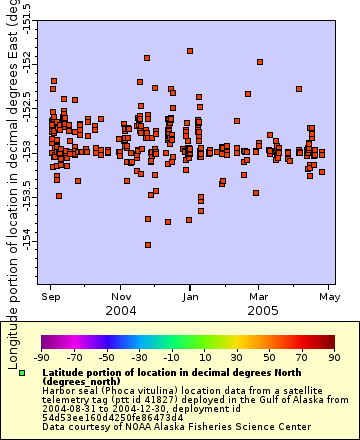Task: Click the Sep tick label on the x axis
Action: point(48,296)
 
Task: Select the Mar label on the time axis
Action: point(258,296)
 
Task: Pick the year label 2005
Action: point(262,310)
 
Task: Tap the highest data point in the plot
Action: point(189,50)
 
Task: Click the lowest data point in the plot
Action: point(148,244)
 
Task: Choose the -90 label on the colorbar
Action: point(41,356)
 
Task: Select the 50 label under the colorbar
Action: point(270,356)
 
